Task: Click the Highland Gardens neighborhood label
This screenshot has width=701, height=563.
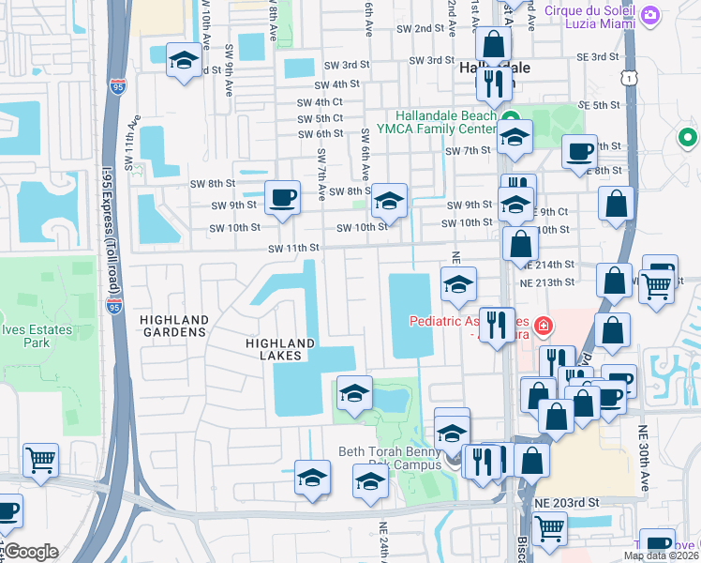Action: [172, 326]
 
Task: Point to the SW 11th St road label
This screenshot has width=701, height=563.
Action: [294, 249]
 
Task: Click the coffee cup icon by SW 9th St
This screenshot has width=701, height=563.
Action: [282, 198]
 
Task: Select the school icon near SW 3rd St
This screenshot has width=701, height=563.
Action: [184, 62]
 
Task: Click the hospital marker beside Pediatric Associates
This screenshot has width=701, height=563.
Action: [543, 326]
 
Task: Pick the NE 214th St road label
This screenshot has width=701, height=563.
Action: [548, 266]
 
